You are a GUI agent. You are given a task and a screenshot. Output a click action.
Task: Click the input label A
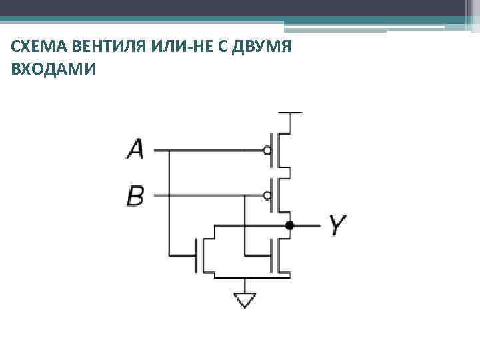(x=135, y=149)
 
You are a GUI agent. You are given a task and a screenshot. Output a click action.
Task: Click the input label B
(x=135, y=195)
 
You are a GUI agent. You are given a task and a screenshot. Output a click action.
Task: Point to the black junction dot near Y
(x=289, y=225)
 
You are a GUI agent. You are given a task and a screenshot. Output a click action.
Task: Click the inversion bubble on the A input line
(x=267, y=150)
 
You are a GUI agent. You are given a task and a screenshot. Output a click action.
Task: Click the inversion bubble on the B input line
(x=267, y=195)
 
